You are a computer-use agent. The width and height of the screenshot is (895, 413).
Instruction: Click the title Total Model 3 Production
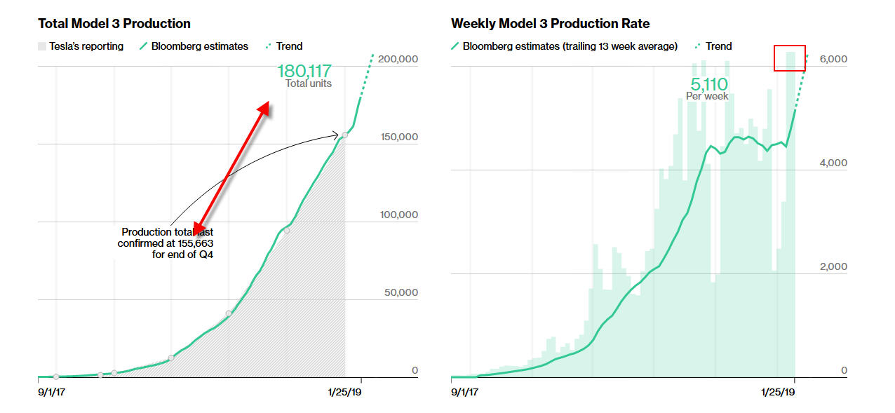click(x=114, y=24)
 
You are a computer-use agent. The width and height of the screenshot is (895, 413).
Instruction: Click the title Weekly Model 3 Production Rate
click(x=550, y=24)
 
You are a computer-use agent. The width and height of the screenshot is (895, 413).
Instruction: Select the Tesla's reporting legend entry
click(x=81, y=46)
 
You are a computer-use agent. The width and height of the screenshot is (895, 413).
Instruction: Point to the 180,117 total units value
click(x=304, y=71)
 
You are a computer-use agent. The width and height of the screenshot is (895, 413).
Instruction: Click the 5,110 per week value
click(x=707, y=84)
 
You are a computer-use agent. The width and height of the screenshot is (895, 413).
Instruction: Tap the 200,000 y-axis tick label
click(x=398, y=60)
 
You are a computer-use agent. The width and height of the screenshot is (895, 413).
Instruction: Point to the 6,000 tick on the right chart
click(x=833, y=60)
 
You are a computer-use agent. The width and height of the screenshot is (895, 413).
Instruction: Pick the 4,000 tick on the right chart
click(x=833, y=163)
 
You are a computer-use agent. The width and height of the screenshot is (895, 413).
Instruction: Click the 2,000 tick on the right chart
click(x=833, y=267)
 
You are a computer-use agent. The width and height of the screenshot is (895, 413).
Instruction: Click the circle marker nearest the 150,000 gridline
click(x=344, y=135)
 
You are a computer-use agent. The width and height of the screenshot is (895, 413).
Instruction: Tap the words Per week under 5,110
click(x=707, y=96)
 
